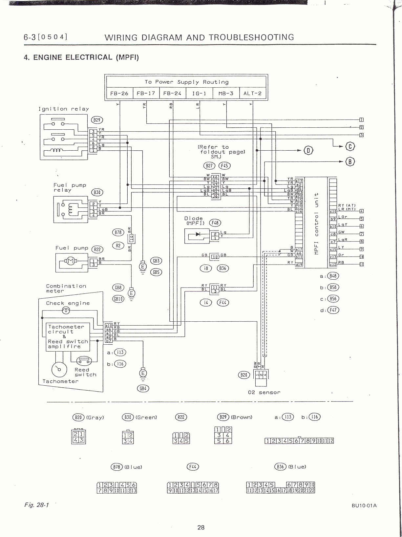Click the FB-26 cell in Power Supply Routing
(x=119, y=93)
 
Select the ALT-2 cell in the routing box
(x=252, y=93)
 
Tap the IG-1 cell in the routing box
(x=199, y=93)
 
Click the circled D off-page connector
(x=308, y=150)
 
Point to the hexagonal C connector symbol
(x=350, y=146)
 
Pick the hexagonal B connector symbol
(x=350, y=161)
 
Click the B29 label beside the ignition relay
(x=97, y=120)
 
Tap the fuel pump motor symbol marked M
(x=71, y=261)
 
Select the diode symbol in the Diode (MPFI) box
(x=198, y=234)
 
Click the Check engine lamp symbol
(x=66, y=310)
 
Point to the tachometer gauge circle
(x=59, y=369)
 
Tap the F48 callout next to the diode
(x=215, y=223)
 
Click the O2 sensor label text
(x=264, y=392)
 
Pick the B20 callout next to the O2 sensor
(x=244, y=375)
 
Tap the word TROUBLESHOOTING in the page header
(x=252, y=37)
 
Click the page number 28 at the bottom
(x=201, y=527)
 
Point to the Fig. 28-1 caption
(x=36, y=505)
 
